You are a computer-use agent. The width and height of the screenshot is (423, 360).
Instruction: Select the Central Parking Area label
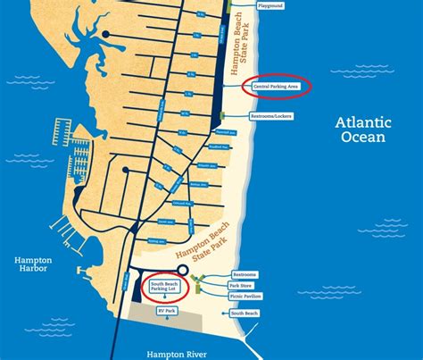point(276,87)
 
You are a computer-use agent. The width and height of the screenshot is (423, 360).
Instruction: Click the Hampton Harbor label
point(34,266)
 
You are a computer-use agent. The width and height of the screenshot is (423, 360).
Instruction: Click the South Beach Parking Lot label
point(165,287)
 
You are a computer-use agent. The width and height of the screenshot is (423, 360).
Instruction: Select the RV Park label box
point(166,311)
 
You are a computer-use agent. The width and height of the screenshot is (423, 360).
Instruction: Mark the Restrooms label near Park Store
point(244,274)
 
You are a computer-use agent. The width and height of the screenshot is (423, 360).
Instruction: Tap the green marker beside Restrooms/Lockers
point(220,116)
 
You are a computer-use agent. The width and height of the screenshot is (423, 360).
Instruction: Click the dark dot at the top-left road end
point(105,34)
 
